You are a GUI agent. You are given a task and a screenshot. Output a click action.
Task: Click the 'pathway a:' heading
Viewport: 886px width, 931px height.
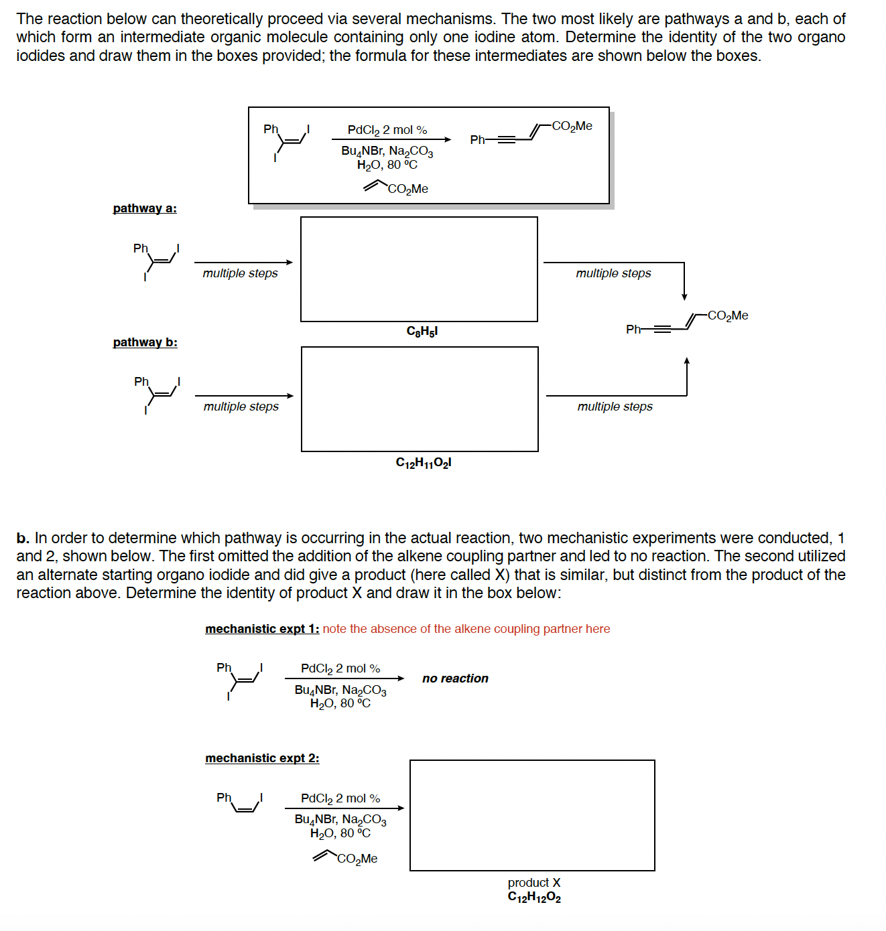(145, 208)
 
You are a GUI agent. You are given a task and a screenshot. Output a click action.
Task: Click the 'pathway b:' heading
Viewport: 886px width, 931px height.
(145, 342)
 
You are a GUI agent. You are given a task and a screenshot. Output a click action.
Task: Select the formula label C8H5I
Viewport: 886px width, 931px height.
(422, 332)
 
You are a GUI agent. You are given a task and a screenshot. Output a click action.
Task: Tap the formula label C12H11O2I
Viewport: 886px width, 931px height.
(423, 463)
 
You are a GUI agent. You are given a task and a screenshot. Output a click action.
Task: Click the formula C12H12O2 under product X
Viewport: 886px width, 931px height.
(533, 898)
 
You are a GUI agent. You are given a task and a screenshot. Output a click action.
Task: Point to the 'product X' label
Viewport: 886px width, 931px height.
(533, 883)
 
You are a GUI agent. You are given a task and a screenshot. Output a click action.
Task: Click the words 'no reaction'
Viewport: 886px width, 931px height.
(455, 678)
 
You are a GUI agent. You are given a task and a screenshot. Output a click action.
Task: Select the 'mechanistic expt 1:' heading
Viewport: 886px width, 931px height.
(262, 629)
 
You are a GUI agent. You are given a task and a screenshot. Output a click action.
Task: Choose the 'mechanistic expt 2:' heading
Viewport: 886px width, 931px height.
(262, 758)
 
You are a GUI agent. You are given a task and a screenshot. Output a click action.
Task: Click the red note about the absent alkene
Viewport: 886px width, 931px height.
(466, 629)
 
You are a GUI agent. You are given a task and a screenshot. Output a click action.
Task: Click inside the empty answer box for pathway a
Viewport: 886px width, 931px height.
(419, 269)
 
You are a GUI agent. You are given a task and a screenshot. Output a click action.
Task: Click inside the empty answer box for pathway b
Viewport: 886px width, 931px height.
(420, 399)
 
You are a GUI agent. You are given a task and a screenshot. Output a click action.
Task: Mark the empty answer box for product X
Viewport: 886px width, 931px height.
(532, 815)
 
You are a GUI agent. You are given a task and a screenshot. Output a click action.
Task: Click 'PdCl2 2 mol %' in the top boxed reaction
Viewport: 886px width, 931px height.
(387, 130)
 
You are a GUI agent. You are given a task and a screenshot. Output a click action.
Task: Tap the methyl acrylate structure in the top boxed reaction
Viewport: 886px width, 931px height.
(395, 188)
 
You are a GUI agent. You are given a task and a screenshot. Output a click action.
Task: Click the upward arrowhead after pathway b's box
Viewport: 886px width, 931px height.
(686, 362)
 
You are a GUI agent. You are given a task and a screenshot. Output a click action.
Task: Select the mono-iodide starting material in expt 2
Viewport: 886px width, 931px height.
(239, 803)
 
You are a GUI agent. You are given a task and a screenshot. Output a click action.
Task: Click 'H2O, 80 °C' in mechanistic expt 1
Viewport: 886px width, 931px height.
(340, 703)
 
